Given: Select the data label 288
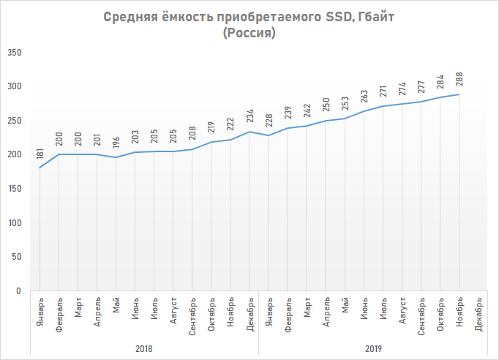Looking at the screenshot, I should click(x=459, y=80).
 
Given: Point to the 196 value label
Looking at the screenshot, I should click(x=116, y=143).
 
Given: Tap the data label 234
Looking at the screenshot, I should click(x=249, y=117).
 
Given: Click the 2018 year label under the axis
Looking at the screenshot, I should click(x=144, y=348).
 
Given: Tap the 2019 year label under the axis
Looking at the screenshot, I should click(x=373, y=348).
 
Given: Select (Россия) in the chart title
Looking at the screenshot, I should click(x=249, y=34).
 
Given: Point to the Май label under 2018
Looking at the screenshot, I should click(x=116, y=305).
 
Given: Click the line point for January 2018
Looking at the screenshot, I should click(x=40, y=168).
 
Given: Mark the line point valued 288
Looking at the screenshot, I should click(x=459, y=94).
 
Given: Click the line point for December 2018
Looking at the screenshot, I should click(x=249, y=132).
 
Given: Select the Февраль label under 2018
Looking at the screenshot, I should click(x=59, y=313).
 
